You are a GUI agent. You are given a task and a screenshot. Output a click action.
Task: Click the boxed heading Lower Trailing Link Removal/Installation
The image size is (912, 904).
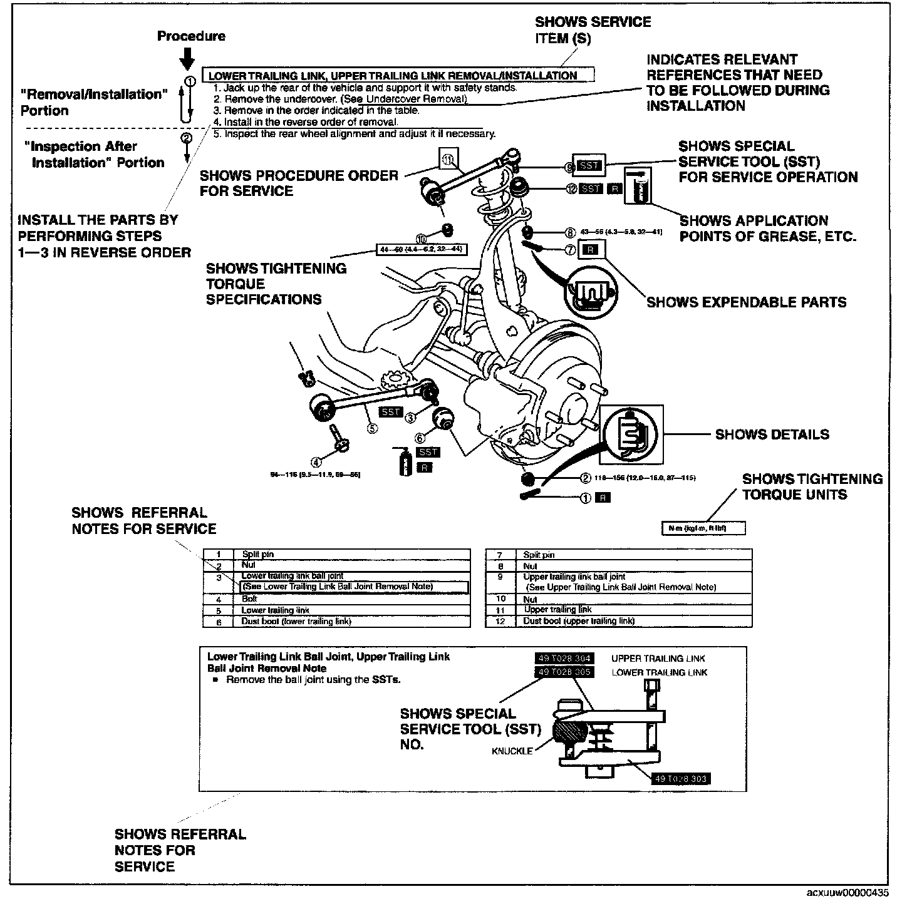pos(393,75)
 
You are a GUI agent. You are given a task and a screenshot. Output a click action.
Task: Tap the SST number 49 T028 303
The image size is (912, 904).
pos(681,779)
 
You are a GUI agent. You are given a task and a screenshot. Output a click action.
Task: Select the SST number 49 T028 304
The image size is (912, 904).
pos(564,659)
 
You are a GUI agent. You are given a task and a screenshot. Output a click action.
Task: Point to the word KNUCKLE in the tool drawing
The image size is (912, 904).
pos(512,751)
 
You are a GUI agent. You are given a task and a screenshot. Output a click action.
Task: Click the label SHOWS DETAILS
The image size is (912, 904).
pos(772,434)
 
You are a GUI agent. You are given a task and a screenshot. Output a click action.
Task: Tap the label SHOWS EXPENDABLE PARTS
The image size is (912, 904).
pos(746,302)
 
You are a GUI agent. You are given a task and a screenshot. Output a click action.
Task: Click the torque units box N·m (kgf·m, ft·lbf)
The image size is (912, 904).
pos(703,529)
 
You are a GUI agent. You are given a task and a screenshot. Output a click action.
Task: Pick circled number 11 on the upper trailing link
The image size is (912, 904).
pos(447,160)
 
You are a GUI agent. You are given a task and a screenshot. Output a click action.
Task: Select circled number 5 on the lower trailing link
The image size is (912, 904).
pos(372,429)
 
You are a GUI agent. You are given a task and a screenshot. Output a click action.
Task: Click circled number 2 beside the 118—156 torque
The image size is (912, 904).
pos(586,478)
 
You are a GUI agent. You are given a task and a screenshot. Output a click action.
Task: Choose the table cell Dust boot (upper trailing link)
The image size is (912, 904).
pos(579,621)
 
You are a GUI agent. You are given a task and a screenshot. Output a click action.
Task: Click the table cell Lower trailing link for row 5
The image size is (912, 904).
pos(276,610)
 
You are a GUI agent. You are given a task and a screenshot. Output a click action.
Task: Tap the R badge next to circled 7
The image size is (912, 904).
pos(590,250)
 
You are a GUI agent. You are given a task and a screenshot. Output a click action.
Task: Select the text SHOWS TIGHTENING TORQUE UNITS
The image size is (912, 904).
pos(812,487)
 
